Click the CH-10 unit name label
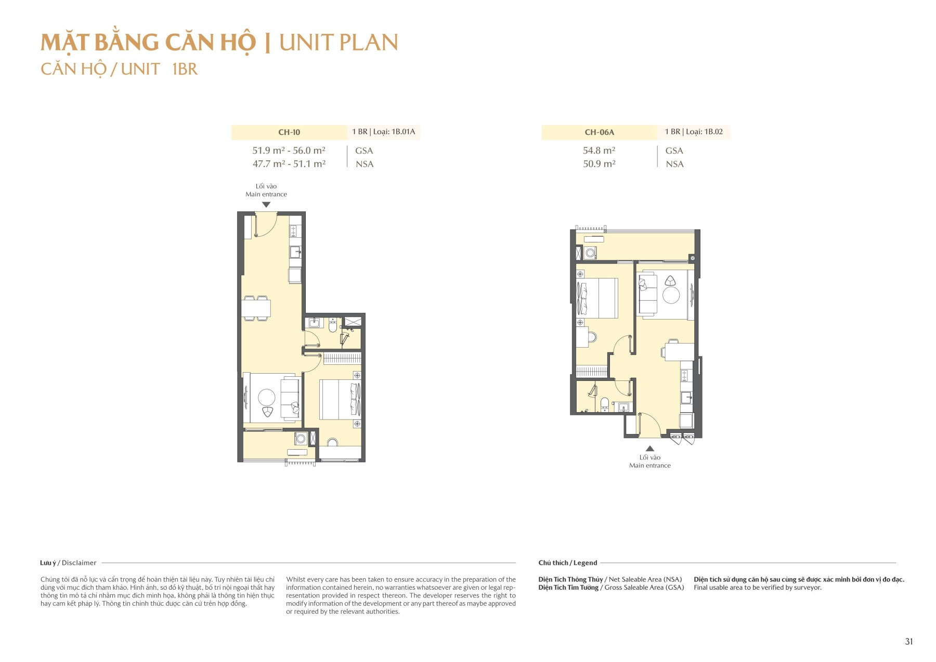[289, 132]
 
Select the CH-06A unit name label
[599, 132]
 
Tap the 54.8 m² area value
[599, 150]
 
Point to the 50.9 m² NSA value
[599, 164]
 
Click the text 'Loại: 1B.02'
[704, 132]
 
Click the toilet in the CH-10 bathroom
[333, 326]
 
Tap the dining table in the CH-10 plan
[256, 308]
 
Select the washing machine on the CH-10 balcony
[300, 439]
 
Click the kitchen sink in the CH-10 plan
[295, 252]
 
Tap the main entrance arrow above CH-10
[266, 205]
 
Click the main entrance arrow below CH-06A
[649, 448]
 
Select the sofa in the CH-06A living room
[647, 295]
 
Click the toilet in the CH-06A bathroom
[605, 404]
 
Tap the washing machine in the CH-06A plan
[590, 253]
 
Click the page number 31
[908, 641]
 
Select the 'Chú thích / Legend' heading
[567, 563]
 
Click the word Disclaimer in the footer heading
[79, 563]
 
